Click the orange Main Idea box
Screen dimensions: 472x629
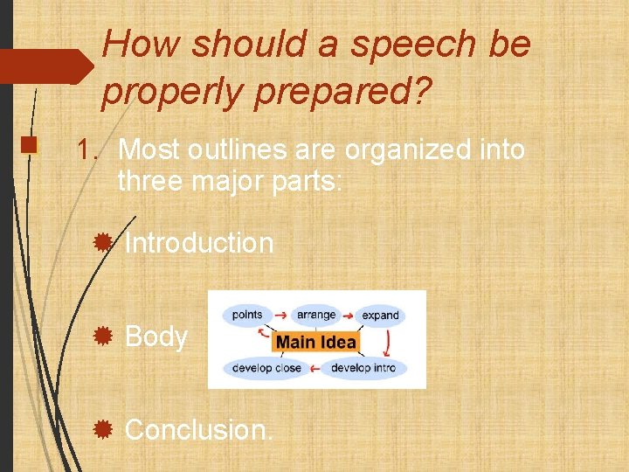(316, 341)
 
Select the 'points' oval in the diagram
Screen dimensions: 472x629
(247, 315)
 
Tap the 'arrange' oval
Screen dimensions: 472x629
(315, 315)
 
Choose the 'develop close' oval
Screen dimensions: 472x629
(266, 368)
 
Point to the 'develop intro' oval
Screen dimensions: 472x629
(363, 368)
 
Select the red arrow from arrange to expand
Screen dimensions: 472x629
(348, 315)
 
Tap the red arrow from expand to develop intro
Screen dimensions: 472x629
(388, 341)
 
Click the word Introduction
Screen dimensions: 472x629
(199, 243)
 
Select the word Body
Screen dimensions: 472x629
(156, 337)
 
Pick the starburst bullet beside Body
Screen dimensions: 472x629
(103, 336)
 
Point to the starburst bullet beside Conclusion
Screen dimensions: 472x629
(103, 428)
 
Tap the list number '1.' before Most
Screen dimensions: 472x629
(88, 150)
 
